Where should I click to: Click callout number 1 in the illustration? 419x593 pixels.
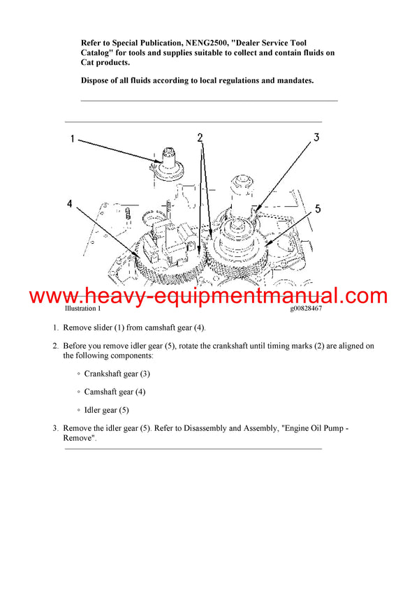point(72,140)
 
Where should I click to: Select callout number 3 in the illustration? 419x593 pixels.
point(316,138)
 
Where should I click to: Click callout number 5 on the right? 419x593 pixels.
point(317,208)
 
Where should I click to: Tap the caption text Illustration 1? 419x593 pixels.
point(82,308)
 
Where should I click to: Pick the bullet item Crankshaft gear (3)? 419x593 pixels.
point(117,374)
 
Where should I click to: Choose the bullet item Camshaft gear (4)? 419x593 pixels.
point(115,392)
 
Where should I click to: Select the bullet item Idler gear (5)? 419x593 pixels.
point(106,410)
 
